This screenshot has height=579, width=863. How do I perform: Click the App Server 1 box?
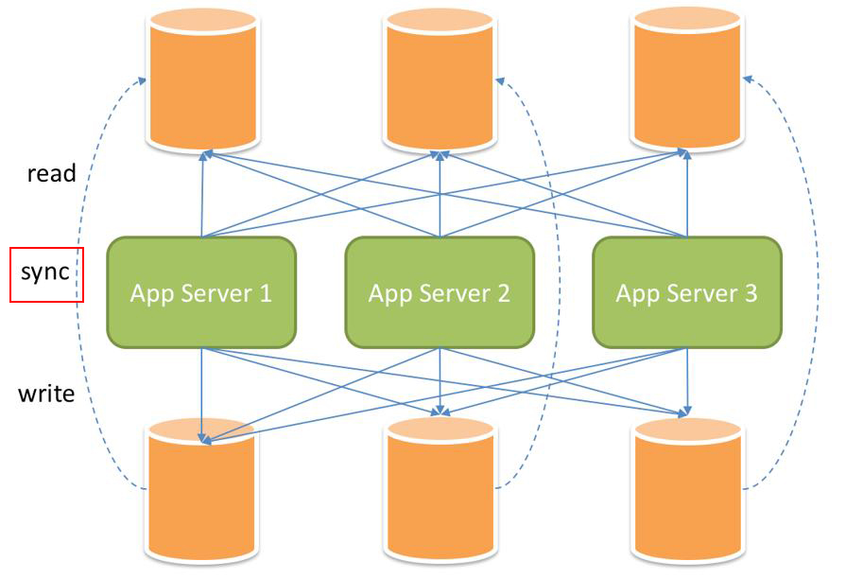(x=201, y=291)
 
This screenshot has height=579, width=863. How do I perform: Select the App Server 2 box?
(x=440, y=291)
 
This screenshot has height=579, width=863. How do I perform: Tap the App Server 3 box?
(x=687, y=291)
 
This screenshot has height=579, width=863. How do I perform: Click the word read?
(x=51, y=173)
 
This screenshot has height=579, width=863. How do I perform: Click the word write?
(x=46, y=394)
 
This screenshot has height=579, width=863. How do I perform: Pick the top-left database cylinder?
(x=202, y=80)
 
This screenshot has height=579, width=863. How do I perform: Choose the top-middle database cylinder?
(x=440, y=80)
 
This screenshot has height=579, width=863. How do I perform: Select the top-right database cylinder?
(x=687, y=80)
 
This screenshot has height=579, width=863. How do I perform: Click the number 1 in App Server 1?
(x=264, y=293)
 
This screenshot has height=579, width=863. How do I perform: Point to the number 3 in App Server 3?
(x=751, y=293)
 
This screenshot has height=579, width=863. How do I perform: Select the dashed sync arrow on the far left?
(x=82, y=284)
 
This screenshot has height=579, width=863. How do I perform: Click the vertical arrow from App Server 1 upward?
(x=202, y=194)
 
